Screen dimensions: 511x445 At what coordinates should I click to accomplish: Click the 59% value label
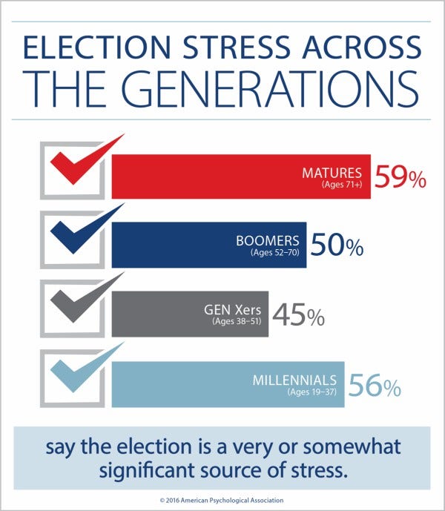point(400,178)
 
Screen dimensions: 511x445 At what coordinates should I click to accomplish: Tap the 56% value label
point(375,386)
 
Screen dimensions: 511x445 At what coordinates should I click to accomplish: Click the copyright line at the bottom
point(222,500)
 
